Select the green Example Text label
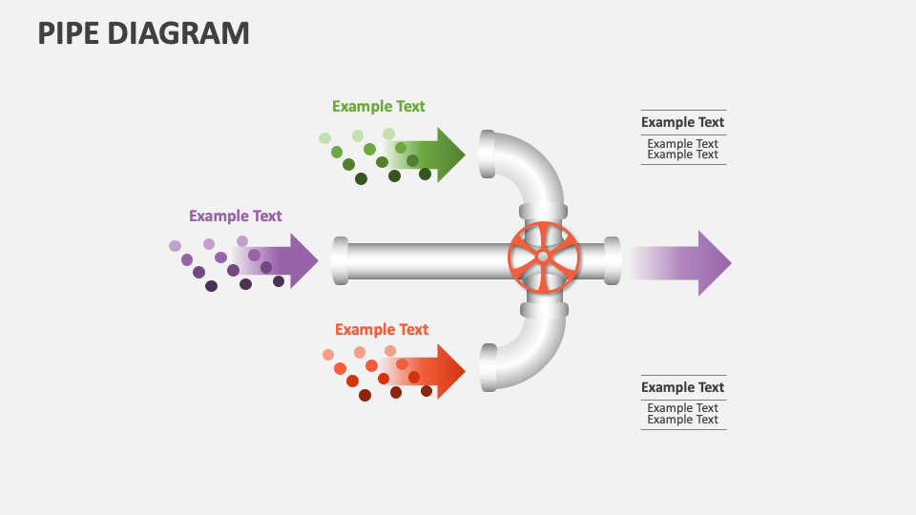(x=378, y=107)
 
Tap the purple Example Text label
(x=235, y=216)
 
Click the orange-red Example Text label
(x=381, y=330)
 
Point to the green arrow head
(x=449, y=154)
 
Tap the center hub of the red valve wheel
(x=543, y=257)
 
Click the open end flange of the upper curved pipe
(x=487, y=154)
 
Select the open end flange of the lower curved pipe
(x=488, y=368)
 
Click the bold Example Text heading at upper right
(x=682, y=122)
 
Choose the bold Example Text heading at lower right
(x=682, y=387)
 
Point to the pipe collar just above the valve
(x=543, y=211)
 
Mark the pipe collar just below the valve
(x=543, y=309)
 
